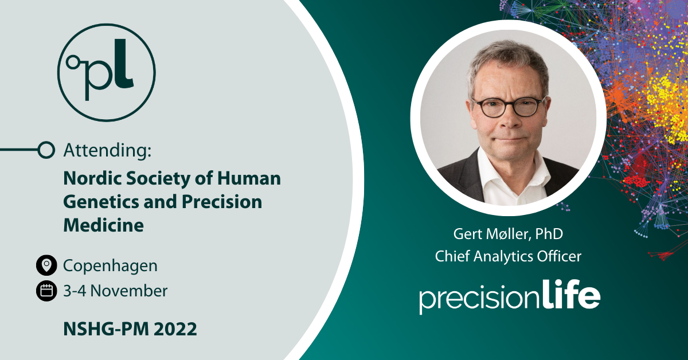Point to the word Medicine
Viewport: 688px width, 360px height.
[103, 225]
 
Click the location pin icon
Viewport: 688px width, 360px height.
[46, 265]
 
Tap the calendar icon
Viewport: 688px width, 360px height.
[46, 291]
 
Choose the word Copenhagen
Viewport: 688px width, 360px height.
[110, 265]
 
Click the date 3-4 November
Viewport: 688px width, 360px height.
[115, 291]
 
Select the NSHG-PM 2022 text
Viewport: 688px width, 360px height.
[130, 329]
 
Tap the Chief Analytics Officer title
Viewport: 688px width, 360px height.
[508, 256]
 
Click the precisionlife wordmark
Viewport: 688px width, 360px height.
[509, 297]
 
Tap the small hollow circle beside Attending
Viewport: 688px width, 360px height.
[46, 150]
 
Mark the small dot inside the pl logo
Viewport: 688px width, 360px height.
[72, 59]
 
